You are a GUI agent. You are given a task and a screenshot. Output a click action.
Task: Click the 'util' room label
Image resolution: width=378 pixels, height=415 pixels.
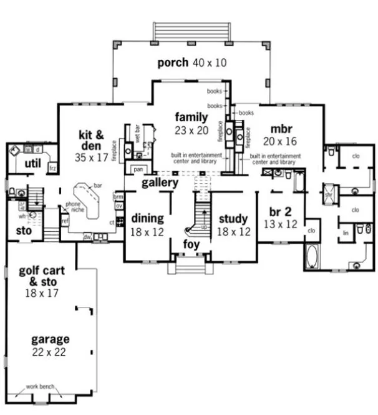[32, 163]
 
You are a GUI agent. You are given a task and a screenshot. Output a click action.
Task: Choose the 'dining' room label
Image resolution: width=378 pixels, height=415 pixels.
[147, 219]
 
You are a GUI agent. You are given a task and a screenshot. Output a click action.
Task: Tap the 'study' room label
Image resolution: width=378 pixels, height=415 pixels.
[233, 219]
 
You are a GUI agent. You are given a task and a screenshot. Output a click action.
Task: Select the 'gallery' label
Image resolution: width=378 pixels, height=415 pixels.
[159, 182]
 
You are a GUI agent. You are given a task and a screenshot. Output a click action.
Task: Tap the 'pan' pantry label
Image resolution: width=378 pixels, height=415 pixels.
[137, 169]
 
